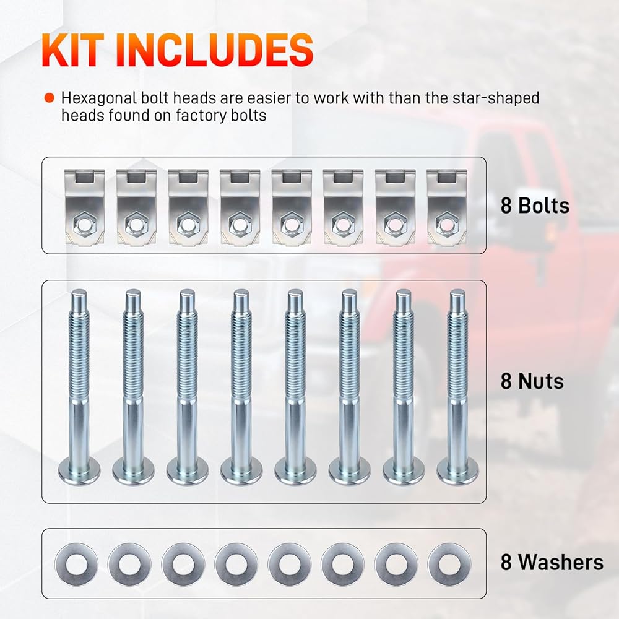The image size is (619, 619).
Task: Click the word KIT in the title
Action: pyautogui.click(x=73, y=50)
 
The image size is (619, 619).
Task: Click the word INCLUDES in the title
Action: pyautogui.click(x=215, y=50)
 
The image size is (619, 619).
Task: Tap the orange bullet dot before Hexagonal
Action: pyautogui.click(x=50, y=98)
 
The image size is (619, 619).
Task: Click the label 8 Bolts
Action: pyautogui.click(x=535, y=206)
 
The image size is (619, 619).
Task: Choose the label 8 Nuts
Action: pyautogui.click(x=532, y=381)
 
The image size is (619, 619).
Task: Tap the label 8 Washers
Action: pyautogui.click(x=552, y=562)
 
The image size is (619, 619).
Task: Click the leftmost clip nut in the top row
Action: pyautogui.click(x=84, y=207)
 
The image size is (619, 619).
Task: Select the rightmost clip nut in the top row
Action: pyautogui.click(x=447, y=207)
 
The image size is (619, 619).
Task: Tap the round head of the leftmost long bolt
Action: pyautogui.click(x=79, y=470)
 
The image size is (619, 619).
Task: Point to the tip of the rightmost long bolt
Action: pyautogui.click(x=457, y=290)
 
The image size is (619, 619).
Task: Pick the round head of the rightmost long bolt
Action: pyautogui.click(x=458, y=470)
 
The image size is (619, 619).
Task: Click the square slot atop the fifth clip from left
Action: pyautogui.click(x=292, y=176)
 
